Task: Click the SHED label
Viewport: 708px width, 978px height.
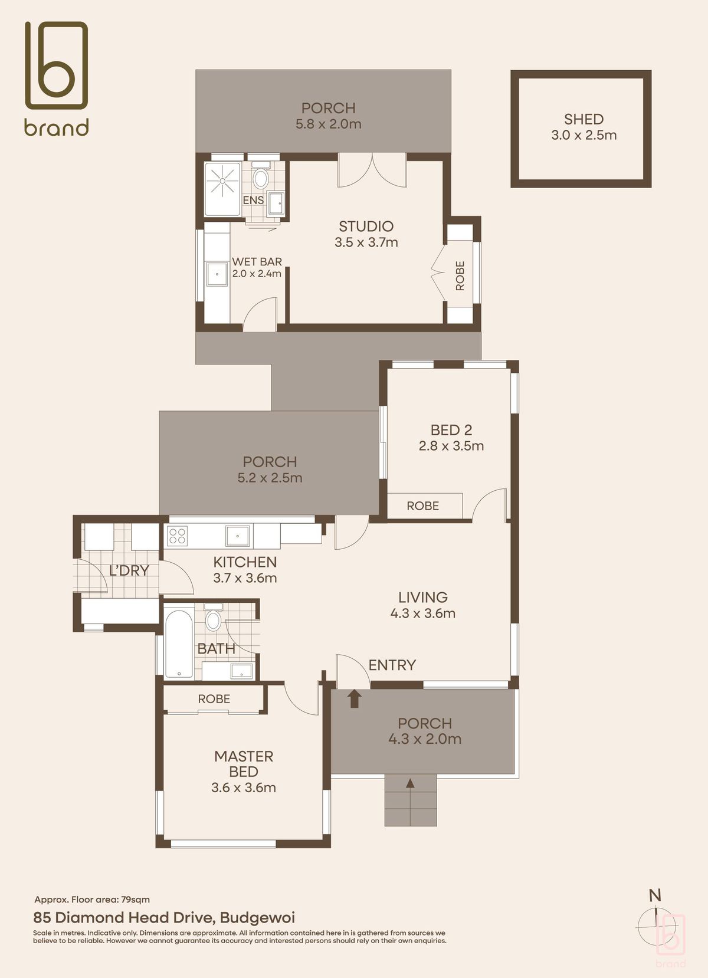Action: coord(584,119)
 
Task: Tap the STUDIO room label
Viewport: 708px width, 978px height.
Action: coord(366,227)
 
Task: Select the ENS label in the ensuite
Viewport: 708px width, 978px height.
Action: coord(253,201)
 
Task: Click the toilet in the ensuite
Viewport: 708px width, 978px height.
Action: coord(260,177)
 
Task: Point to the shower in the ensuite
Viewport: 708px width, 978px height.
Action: coord(222,180)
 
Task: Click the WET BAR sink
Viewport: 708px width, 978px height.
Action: coord(217,274)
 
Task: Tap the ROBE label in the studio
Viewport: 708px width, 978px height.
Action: coord(460,275)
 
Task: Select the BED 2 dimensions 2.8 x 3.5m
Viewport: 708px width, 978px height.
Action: coord(451,447)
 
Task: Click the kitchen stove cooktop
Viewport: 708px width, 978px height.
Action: coord(178,536)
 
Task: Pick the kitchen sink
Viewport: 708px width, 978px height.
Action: coord(238,536)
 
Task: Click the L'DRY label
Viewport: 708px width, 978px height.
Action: coord(129,570)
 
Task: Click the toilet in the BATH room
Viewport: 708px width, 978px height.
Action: coord(213,619)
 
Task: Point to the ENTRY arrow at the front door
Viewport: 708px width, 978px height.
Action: coord(354,698)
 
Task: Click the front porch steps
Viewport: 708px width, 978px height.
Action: coord(411,800)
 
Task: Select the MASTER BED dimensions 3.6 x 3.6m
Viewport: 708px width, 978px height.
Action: coord(244,788)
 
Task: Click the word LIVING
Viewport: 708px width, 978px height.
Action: coord(422,598)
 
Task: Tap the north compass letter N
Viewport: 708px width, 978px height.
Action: coord(655,895)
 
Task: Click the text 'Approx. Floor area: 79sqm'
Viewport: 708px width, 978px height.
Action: coord(92,900)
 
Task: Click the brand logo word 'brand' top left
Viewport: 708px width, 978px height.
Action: coord(57,127)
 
